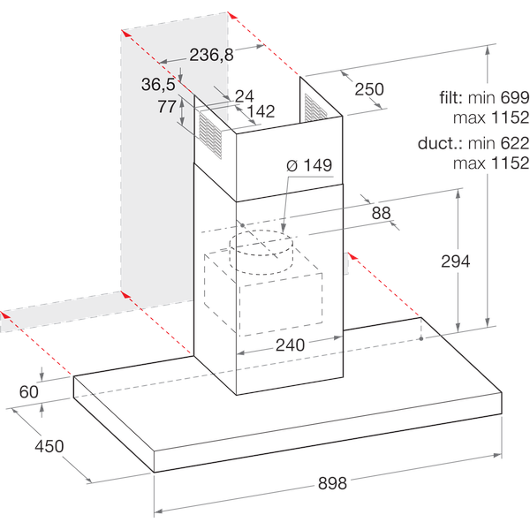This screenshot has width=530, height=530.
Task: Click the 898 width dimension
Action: point(332,483)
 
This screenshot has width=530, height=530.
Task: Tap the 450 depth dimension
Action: point(49,446)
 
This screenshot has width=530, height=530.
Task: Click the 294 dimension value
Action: point(456,261)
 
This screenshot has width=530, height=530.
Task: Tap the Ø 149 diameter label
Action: point(307,165)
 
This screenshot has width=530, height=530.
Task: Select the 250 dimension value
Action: point(369,89)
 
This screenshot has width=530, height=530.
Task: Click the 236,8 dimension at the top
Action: point(211,55)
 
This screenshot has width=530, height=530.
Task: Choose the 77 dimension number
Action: point(167,108)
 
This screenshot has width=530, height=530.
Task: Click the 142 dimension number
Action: point(261,111)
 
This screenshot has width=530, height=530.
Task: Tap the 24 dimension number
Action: point(244,95)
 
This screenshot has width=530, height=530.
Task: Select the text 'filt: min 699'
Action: point(483,97)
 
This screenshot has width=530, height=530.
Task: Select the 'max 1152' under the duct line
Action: point(490,163)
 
